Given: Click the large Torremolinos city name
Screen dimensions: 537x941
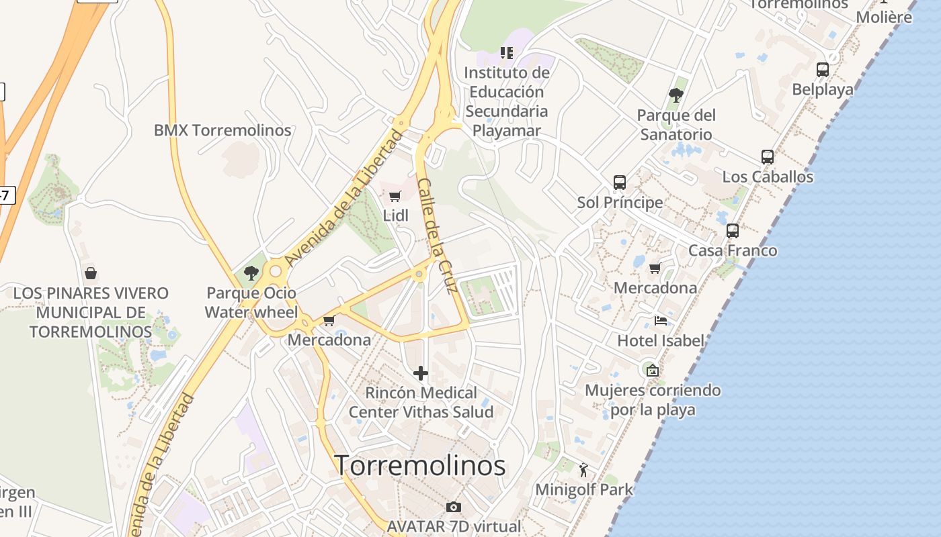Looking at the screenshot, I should pos(420,465).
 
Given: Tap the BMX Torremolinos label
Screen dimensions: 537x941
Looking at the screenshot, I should pos(222,130).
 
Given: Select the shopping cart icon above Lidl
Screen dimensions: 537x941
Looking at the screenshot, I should pos(395,197).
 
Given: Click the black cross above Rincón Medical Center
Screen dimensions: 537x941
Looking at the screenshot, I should pos(421,373).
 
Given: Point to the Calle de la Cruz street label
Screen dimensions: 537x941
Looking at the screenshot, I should pos(438,235).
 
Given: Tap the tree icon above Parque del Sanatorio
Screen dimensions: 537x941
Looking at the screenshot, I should pos(676,95).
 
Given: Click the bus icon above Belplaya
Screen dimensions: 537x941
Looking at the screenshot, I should pos(823,70).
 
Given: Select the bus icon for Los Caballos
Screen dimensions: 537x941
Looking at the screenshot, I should pos(768,157).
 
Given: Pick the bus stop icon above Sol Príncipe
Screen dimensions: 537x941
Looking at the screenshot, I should pos(620,183).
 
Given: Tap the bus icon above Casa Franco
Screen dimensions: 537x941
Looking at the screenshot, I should pos(733,231).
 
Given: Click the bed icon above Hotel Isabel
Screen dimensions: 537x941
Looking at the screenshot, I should pos(661,321).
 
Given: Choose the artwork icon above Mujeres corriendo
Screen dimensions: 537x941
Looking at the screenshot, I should pos(651,370).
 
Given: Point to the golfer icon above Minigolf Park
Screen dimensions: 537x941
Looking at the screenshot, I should pos(583,470).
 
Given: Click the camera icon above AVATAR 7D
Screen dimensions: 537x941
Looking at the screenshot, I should pos(454,507).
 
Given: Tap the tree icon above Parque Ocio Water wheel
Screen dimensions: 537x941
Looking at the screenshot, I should pos(251,273).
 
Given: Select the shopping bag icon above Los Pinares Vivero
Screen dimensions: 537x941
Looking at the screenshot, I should pos(91,273).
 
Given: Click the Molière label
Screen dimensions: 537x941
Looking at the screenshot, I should pos(884,17).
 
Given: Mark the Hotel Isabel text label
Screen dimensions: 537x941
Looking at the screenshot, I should pos(661,340).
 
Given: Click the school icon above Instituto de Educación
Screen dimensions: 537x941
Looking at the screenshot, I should pos(507,52).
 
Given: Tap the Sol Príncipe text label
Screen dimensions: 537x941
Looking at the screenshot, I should pos(620,202).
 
